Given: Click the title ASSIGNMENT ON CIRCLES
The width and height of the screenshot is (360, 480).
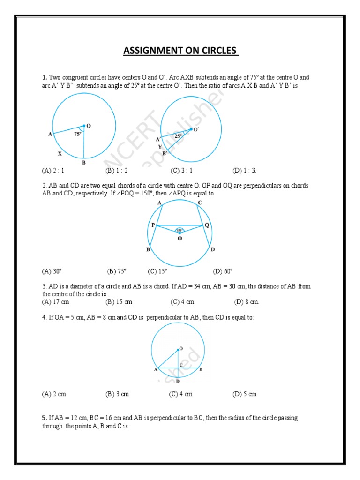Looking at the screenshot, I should click(x=181, y=50).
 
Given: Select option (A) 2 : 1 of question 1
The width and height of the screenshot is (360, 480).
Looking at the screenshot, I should click(x=53, y=171).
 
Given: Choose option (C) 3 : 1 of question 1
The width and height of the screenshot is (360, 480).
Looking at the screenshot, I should click(x=182, y=171).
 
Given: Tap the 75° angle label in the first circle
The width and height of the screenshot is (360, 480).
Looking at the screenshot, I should click(x=77, y=134).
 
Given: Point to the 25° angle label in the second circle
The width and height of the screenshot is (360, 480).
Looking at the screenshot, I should click(x=178, y=136).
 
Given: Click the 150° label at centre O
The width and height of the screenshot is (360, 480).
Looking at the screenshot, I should click(x=180, y=230).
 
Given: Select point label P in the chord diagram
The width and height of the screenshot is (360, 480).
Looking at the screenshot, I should click(x=153, y=225).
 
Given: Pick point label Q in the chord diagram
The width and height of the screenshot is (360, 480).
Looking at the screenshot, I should click(x=207, y=225).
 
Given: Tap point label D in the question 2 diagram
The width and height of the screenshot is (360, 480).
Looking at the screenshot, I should click(x=212, y=250).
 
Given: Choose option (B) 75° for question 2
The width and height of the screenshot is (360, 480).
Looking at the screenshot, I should click(x=117, y=271).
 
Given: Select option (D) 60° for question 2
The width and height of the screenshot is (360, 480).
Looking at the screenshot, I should click(x=223, y=271).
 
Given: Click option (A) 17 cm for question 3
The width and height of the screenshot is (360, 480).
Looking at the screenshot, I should click(x=55, y=302).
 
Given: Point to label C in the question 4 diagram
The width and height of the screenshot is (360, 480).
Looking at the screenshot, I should click(x=181, y=365).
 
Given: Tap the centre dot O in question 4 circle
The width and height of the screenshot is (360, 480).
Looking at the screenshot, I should click(x=178, y=349).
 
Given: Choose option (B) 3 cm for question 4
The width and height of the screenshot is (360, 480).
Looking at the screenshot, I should click(x=117, y=394).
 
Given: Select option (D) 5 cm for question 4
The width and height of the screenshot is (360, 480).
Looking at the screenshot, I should click(x=245, y=394).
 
